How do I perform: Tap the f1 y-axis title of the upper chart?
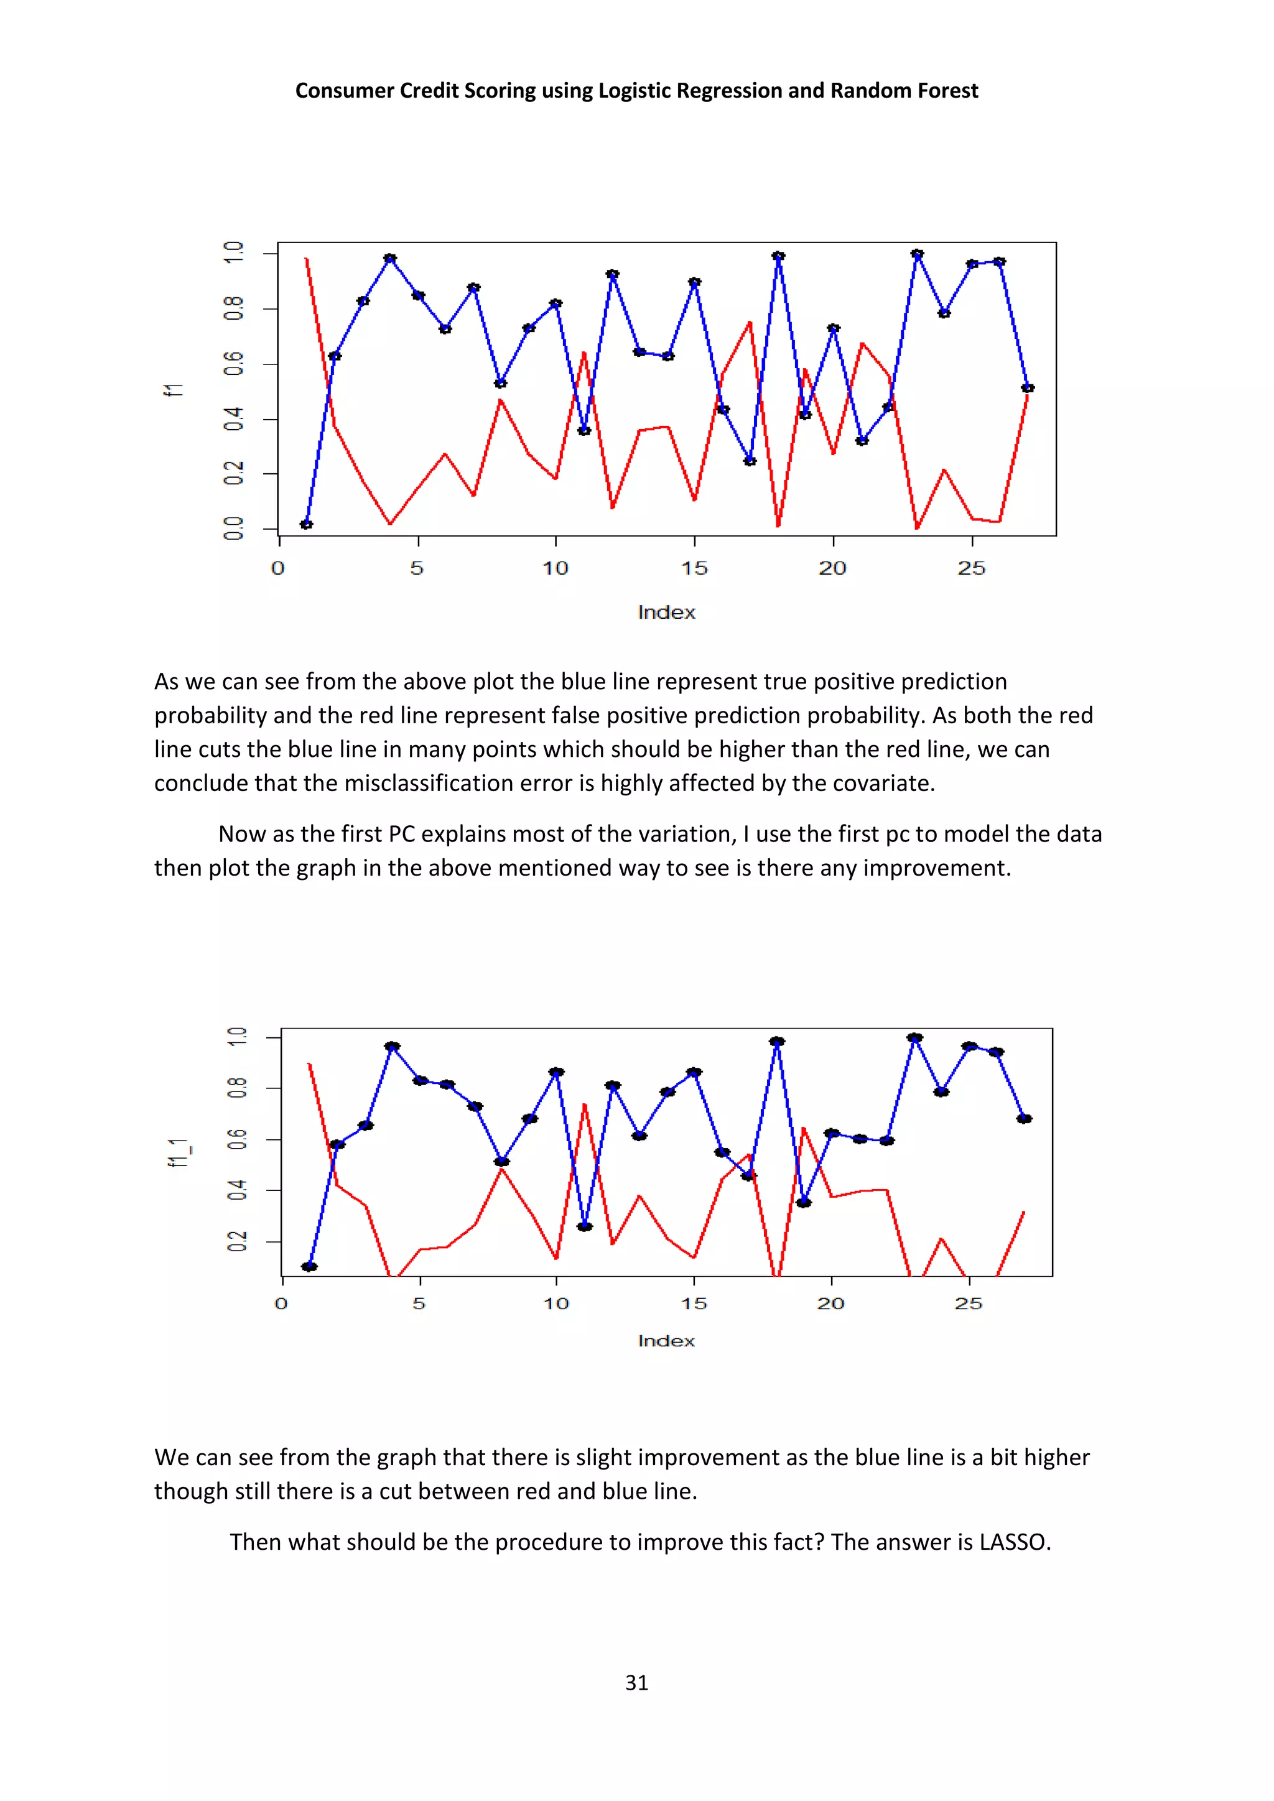[174, 389]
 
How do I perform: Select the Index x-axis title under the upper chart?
[666, 612]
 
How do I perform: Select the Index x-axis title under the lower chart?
[666, 1341]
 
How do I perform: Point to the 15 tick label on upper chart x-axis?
[694, 568]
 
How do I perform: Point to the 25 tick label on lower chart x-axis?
[968, 1303]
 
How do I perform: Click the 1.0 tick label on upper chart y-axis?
[234, 252]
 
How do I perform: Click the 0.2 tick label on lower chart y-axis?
[236, 1242]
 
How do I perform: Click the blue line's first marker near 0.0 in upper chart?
[307, 524]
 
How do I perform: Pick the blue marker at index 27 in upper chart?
[1028, 387]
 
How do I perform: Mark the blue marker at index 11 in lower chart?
[585, 1226]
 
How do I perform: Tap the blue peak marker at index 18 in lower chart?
[776, 1042]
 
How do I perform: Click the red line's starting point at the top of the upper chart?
[306, 259]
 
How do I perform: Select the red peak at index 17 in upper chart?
[750, 322]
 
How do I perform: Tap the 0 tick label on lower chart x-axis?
[281, 1303]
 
